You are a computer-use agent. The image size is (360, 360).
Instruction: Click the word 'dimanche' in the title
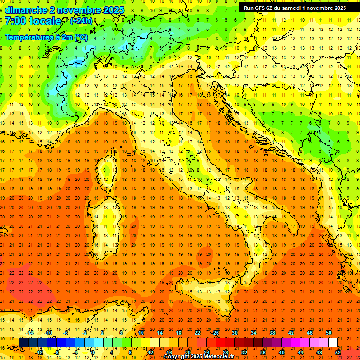tap(26, 10)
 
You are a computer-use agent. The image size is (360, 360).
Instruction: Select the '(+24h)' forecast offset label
tap(81, 21)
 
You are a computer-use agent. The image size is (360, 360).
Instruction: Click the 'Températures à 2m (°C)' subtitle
tap(46, 37)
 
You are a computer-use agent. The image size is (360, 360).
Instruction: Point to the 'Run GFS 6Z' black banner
tap(294, 7)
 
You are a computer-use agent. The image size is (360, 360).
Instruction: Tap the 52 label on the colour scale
tap(337, 352)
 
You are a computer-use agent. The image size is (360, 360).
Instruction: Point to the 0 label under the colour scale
tap(93, 352)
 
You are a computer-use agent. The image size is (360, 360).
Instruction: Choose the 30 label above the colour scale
tap(234, 333)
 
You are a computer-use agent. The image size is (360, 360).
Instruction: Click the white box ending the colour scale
tap(333, 342)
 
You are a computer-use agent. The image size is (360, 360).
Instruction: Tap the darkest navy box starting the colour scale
tap(24, 342)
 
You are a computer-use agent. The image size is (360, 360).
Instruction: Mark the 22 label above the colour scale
tap(197, 333)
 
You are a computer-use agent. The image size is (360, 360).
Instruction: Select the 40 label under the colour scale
tap(281, 352)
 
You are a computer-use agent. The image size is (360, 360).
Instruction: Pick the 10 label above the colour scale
tap(141, 333)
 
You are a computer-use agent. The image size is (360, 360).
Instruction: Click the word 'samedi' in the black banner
tap(293, 7)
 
